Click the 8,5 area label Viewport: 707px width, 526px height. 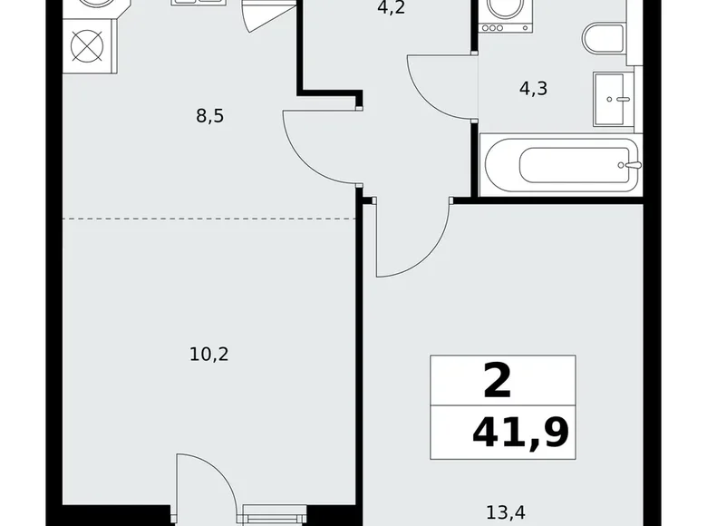point(210,116)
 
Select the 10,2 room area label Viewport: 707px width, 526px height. point(209,355)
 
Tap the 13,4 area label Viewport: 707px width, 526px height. point(506,512)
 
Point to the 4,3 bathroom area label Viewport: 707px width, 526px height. point(533,88)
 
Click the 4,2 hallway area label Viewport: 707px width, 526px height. point(391,7)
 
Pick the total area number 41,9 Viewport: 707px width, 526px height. point(520,433)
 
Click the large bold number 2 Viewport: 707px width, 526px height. point(498,381)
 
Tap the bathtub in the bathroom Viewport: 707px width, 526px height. point(560,165)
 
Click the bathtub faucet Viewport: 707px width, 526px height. point(630,165)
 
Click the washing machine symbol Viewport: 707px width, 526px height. point(505,15)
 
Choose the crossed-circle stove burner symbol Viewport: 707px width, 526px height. point(87,46)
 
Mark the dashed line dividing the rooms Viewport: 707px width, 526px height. point(209,219)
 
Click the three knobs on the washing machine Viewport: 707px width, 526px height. point(492,28)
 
